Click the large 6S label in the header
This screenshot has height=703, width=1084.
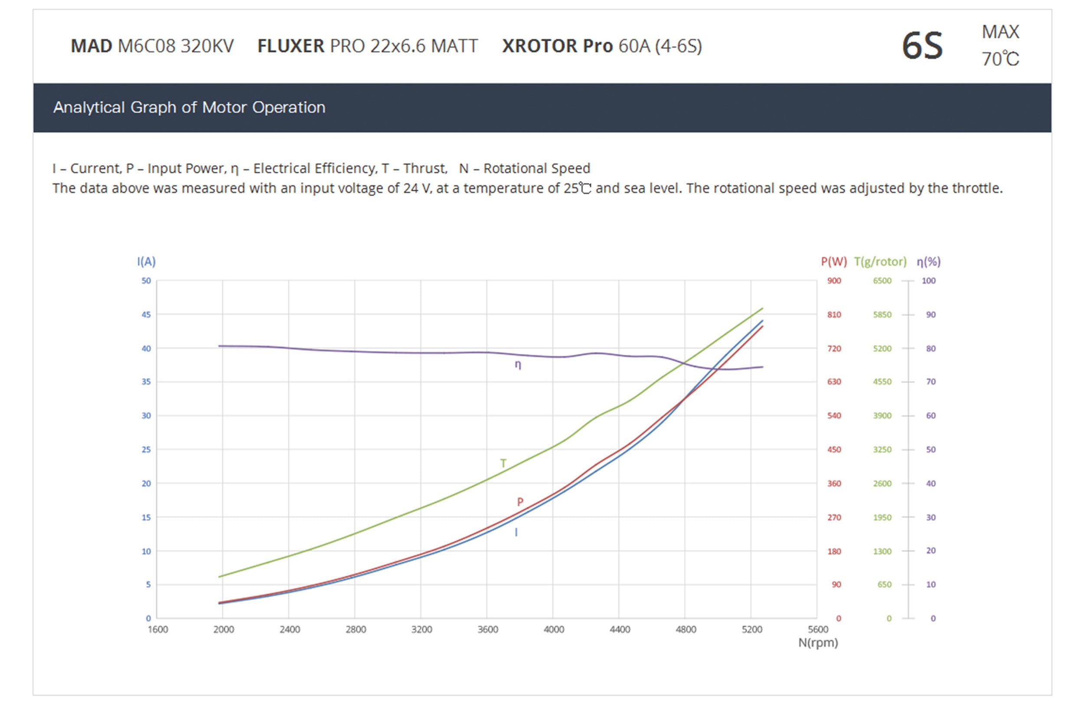[922, 46]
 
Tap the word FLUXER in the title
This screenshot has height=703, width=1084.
[291, 46]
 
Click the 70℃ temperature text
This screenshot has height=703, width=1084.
[1000, 59]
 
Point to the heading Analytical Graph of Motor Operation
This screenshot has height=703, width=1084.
[189, 108]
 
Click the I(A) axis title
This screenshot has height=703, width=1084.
[146, 262]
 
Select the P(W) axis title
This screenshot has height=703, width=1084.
[833, 262]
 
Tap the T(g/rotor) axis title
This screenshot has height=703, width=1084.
[880, 262]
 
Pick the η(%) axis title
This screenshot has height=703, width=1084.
[928, 262]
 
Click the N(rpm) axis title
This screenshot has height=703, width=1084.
[818, 642]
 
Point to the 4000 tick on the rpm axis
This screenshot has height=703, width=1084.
[553, 629]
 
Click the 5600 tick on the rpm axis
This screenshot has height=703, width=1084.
[818, 629]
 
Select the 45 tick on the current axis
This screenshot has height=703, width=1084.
[146, 314]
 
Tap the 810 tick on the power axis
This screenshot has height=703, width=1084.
[834, 314]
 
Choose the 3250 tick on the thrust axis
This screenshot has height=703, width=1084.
[882, 449]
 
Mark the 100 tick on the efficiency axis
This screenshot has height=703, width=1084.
[928, 281]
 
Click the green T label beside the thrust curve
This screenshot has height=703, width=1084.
[503, 463]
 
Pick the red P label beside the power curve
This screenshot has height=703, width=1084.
[520, 502]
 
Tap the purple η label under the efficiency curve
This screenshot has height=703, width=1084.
[518, 365]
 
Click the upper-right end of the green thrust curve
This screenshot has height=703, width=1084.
[762, 309]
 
